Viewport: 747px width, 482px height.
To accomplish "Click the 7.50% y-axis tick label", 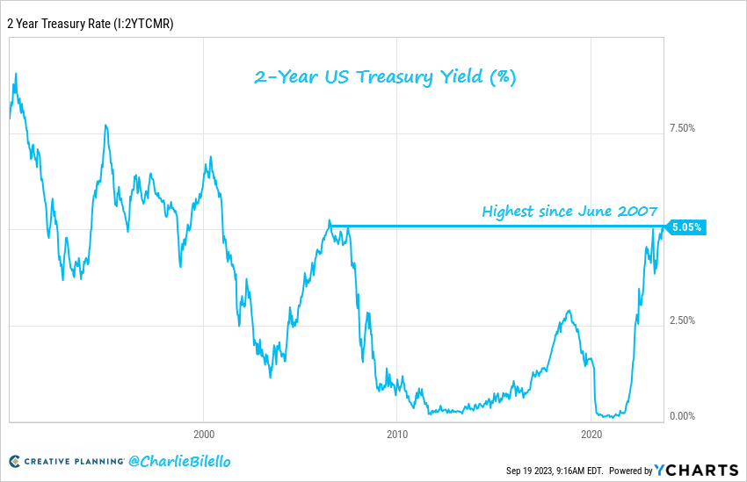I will tap(682, 128).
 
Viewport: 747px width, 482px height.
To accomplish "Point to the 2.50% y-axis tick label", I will tap(682, 320).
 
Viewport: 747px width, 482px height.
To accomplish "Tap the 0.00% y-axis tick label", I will tap(682, 416).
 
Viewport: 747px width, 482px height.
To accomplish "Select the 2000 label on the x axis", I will tap(203, 434).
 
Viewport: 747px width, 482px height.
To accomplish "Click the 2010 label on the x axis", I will tap(397, 434).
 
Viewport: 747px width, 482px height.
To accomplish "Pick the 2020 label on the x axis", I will tap(591, 434).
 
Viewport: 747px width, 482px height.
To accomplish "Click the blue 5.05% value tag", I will tap(686, 227).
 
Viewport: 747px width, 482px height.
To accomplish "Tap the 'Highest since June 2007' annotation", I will tap(569, 211).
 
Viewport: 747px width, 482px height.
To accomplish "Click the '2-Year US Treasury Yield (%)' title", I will tap(385, 77).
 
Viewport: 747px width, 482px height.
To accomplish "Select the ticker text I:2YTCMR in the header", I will tap(140, 24).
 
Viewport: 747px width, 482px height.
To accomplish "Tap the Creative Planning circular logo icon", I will tap(15, 461).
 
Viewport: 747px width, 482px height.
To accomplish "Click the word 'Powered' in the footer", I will tap(625, 471).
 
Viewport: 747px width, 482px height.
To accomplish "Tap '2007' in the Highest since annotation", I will tap(638, 211).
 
